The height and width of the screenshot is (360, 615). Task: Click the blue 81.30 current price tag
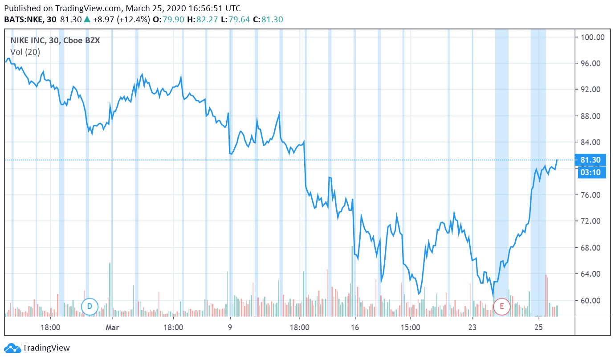pos(591,160)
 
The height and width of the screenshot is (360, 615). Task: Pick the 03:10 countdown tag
pos(591,172)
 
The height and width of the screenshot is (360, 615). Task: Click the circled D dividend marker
pos(90,307)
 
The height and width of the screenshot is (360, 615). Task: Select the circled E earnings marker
pos(502,307)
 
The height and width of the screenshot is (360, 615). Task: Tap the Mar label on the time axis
pos(113,327)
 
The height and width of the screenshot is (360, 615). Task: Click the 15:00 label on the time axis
pos(410,327)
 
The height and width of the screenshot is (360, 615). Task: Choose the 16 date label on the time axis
pos(355,327)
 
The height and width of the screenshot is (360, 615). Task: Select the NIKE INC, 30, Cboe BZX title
pos(55,41)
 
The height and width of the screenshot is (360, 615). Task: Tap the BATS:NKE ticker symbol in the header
pos(25,20)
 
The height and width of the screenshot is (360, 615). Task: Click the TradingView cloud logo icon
pos(12,348)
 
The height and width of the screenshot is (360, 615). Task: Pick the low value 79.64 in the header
pos(240,20)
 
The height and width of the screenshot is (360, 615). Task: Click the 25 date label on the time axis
pos(539,327)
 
